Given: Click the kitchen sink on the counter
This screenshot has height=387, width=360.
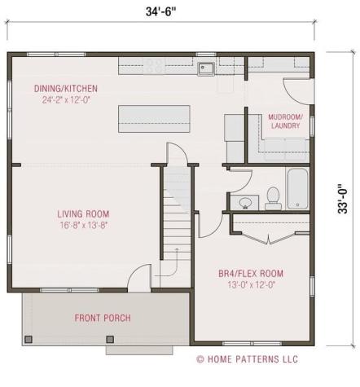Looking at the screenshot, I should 205,68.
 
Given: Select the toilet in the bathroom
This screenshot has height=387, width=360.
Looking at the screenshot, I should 273,196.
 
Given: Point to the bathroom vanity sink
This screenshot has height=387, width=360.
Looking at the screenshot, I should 244,201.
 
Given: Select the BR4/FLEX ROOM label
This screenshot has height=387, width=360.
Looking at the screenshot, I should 252,273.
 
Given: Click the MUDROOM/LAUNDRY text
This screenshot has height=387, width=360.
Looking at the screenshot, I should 285,121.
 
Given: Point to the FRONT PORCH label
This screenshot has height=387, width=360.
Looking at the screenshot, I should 103,318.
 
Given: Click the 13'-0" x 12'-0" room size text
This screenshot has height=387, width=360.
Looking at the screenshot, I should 252,285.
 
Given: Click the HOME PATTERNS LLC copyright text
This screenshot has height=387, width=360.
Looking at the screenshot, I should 248,359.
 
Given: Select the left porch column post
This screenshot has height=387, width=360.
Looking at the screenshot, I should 29,336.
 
